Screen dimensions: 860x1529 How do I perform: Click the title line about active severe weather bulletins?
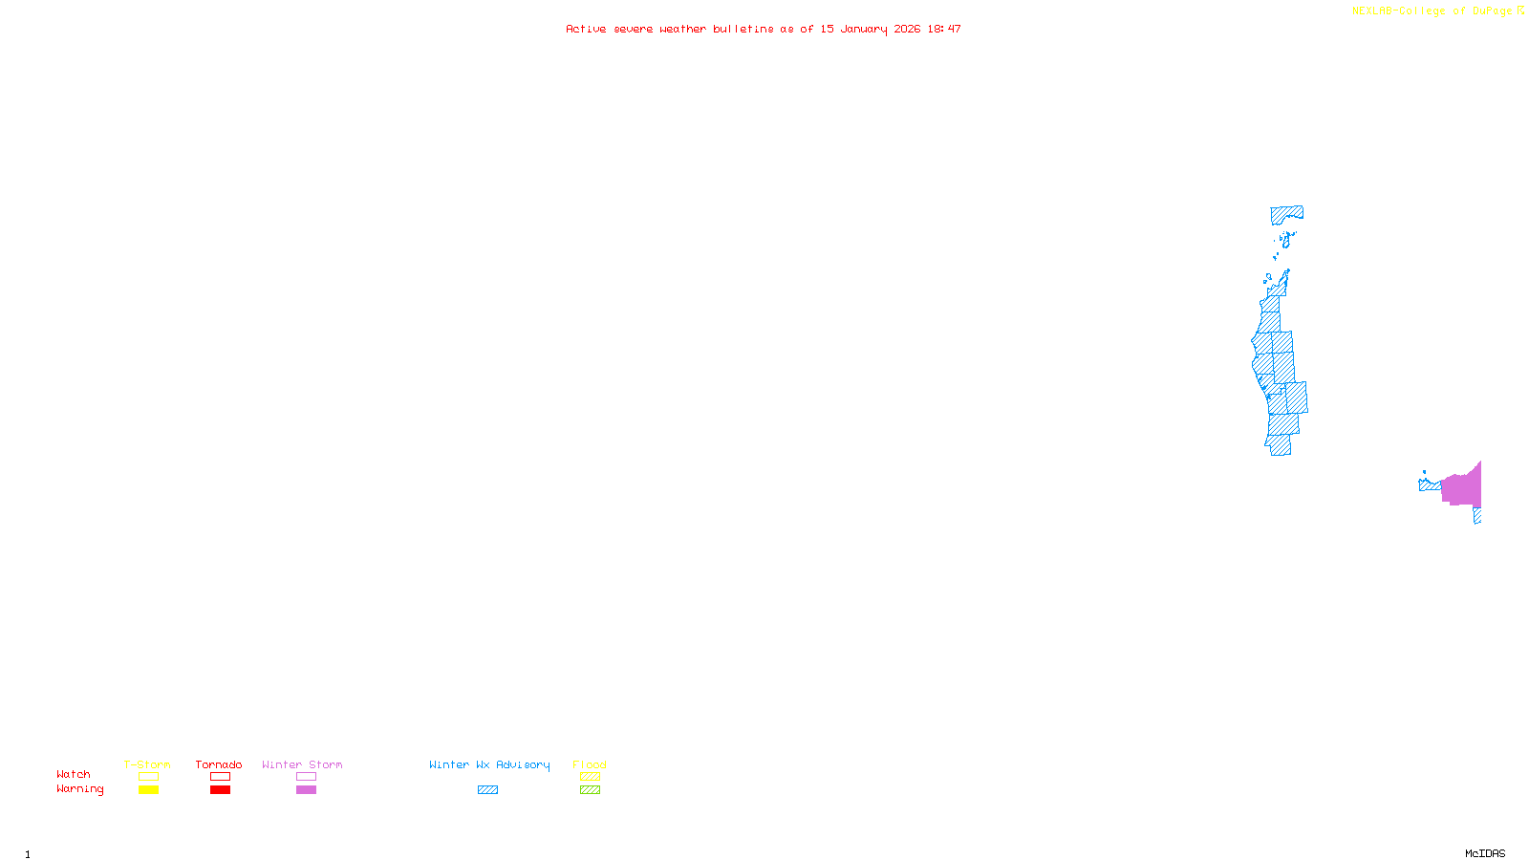[763, 29]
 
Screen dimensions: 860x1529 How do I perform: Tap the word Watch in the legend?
[74, 774]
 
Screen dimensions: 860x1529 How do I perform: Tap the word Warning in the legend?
[79, 789]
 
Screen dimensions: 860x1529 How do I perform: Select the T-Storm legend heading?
[147, 764]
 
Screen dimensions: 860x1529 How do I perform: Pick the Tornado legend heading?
[219, 764]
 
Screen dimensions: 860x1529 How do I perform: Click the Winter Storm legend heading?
[302, 764]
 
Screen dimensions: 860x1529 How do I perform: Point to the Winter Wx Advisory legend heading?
[489, 764]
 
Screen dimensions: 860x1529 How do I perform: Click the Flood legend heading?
[590, 764]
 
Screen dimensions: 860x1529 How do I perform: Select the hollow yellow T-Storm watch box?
[148, 777]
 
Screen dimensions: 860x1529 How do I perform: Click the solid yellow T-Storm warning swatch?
[148, 790]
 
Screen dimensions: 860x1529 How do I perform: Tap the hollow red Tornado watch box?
[220, 777]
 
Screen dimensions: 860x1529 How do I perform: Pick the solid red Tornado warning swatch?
[220, 790]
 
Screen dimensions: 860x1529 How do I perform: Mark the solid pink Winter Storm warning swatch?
[306, 790]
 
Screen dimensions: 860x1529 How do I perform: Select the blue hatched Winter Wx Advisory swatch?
[487, 790]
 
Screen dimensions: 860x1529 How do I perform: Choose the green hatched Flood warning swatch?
[590, 790]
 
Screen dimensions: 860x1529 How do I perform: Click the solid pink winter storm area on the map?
[1462, 488]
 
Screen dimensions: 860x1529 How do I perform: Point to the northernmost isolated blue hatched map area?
[1285, 213]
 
